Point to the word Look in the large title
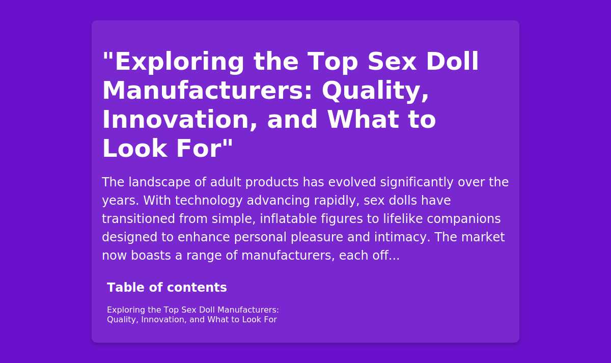pyautogui.click(x=134, y=148)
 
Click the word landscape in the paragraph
pyautogui.click(x=159, y=182)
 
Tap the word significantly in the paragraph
pyautogui.click(x=416, y=182)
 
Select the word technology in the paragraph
pyautogui.click(x=209, y=201)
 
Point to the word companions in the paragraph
pyautogui.click(x=464, y=219)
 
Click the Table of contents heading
pyautogui.click(x=166, y=288)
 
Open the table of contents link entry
pyautogui.click(x=193, y=315)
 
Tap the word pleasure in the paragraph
pyautogui.click(x=316, y=238)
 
